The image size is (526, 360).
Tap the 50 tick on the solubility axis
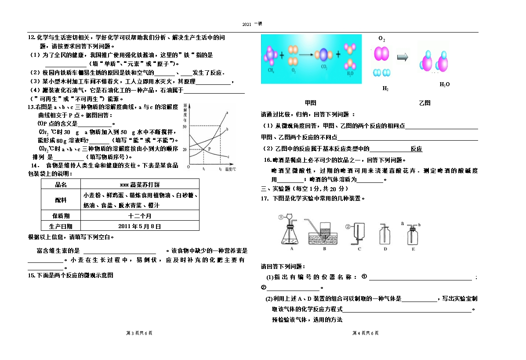(185, 127)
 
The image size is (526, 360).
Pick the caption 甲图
(310, 103)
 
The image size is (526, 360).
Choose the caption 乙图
(424, 103)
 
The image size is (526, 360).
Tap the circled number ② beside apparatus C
(347, 226)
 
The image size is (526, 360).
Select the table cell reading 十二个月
(140, 216)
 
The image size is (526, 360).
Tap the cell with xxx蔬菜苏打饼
(140, 184)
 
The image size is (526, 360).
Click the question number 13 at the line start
(31, 107)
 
